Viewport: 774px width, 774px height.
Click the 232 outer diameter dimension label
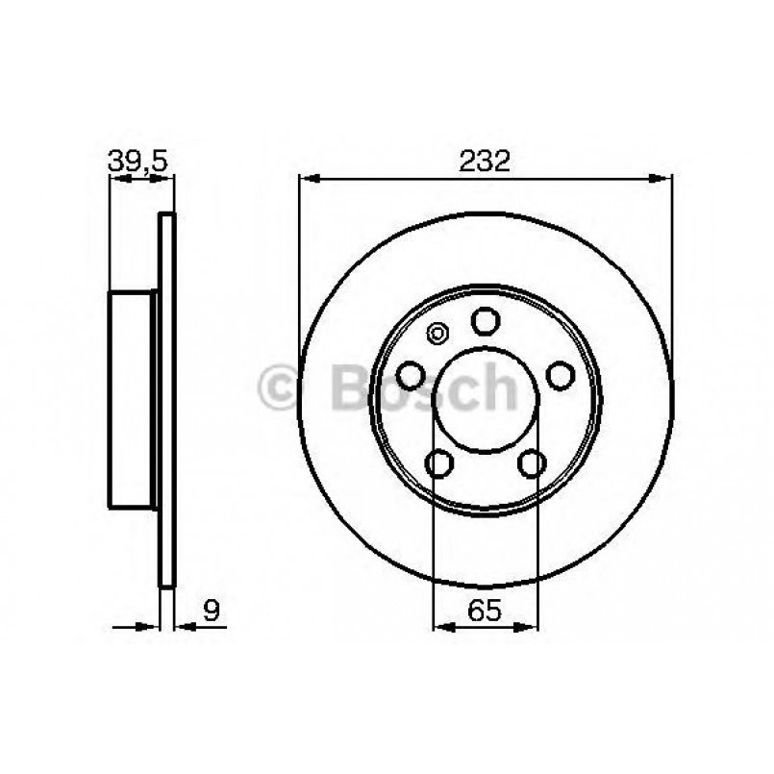tap(485, 161)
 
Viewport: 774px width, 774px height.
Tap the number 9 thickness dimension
tap(212, 609)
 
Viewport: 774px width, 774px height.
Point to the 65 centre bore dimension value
tap(485, 609)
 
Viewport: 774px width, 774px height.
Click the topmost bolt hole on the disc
tap(486, 319)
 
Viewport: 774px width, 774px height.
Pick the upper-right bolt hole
tap(560, 374)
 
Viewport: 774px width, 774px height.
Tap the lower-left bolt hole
tap(440, 463)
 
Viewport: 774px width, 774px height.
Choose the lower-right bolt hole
tap(531, 463)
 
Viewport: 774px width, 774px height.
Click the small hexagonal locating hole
tap(437, 334)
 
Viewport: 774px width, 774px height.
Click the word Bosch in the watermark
tap(423, 388)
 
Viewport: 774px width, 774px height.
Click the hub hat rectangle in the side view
tap(133, 398)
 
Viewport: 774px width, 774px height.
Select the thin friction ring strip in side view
tap(166, 398)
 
